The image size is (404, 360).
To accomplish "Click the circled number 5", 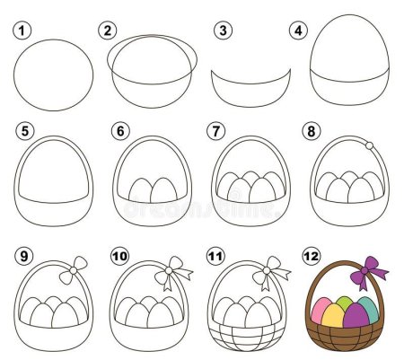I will pos(23,131).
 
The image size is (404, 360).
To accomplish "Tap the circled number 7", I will pos(215,131).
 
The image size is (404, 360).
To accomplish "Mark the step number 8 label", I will pos(312,131).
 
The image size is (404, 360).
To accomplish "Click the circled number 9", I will pos(23,257).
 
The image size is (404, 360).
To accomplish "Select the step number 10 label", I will pos(119,257).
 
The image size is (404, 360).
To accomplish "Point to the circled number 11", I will pos(215,257).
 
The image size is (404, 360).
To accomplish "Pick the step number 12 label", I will pos(312,257).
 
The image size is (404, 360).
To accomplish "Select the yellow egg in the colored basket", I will pos(333,314).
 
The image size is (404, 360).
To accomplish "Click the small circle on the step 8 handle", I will pos(368,145).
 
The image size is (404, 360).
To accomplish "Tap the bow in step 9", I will pos(78,267).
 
